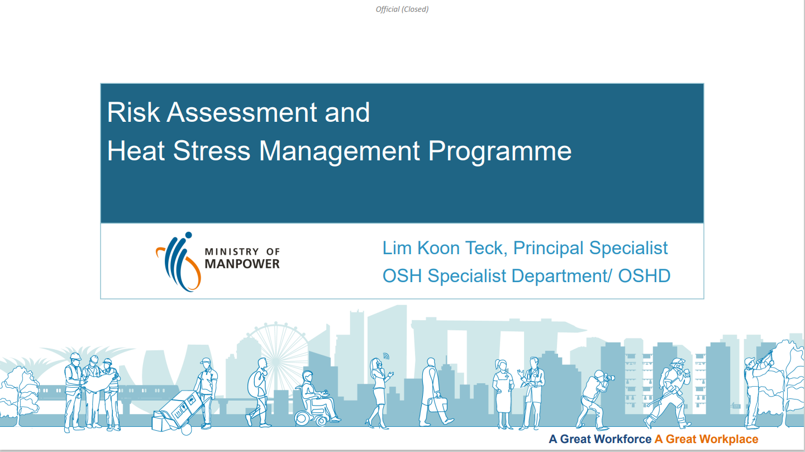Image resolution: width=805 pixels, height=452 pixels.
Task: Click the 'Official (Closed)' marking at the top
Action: (402, 9)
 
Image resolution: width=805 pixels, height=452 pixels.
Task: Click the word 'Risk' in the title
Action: (133, 112)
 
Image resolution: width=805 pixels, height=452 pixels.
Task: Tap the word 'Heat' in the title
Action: (136, 150)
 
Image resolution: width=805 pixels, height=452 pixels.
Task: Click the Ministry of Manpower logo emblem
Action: (179, 261)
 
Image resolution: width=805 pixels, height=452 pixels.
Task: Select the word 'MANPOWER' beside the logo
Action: (242, 264)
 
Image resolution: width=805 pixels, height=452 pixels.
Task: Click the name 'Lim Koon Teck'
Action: (445, 248)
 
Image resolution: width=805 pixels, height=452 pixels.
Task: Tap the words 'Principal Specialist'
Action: (590, 249)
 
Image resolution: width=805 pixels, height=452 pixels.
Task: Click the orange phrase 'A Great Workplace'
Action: (706, 439)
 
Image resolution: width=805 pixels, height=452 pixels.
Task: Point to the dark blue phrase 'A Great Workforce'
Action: (600, 439)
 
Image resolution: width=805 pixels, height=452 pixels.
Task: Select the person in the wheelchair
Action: (316, 398)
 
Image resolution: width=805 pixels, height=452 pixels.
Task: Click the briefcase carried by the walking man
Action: (438, 404)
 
